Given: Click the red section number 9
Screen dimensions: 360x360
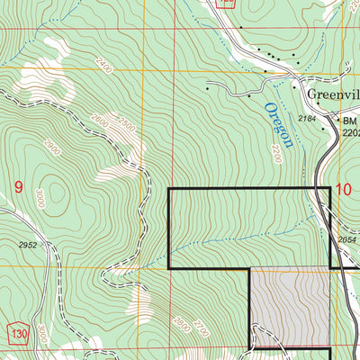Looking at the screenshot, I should (18, 187).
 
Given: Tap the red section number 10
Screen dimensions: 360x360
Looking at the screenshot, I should (343, 189).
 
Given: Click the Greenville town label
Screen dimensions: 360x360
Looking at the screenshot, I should (331, 94).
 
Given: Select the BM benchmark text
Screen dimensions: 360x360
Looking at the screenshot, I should (348, 120).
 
